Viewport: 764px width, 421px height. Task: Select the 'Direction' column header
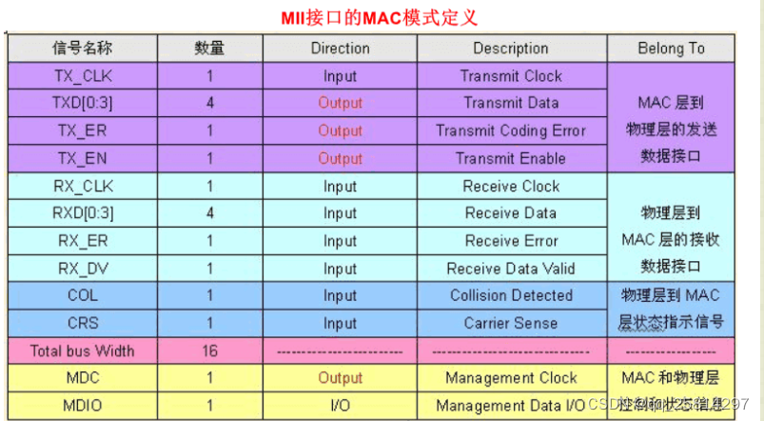click(x=340, y=49)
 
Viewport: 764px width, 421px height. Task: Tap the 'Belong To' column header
click(x=671, y=49)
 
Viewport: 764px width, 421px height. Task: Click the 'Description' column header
click(x=511, y=49)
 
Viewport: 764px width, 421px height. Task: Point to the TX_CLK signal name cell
click(x=83, y=76)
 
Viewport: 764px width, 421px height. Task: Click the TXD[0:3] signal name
click(x=83, y=103)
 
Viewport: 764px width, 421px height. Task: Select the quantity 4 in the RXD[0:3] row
click(x=209, y=213)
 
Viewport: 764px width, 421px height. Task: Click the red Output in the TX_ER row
click(x=340, y=130)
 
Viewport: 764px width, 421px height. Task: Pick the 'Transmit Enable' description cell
click(x=511, y=158)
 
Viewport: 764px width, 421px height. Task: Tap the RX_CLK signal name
click(x=83, y=186)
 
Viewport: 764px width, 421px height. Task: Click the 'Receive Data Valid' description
click(x=511, y=269)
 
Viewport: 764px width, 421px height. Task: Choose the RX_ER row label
click(x=83, y=241)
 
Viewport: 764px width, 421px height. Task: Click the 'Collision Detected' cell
click(x=511, y=295)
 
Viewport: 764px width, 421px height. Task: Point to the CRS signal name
click(x=83, y=323)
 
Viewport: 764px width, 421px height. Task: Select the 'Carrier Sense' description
click(x=511, y=323)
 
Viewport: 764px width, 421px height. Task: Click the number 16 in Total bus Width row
click(x=209, y=351)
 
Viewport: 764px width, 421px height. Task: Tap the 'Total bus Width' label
click(x=83, y=351)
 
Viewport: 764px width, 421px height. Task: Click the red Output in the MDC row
click(x=340, y=378)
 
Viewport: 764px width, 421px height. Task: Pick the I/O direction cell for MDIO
click(x=340, y=405)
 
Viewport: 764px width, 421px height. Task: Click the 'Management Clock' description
click(x=511, y=378)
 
